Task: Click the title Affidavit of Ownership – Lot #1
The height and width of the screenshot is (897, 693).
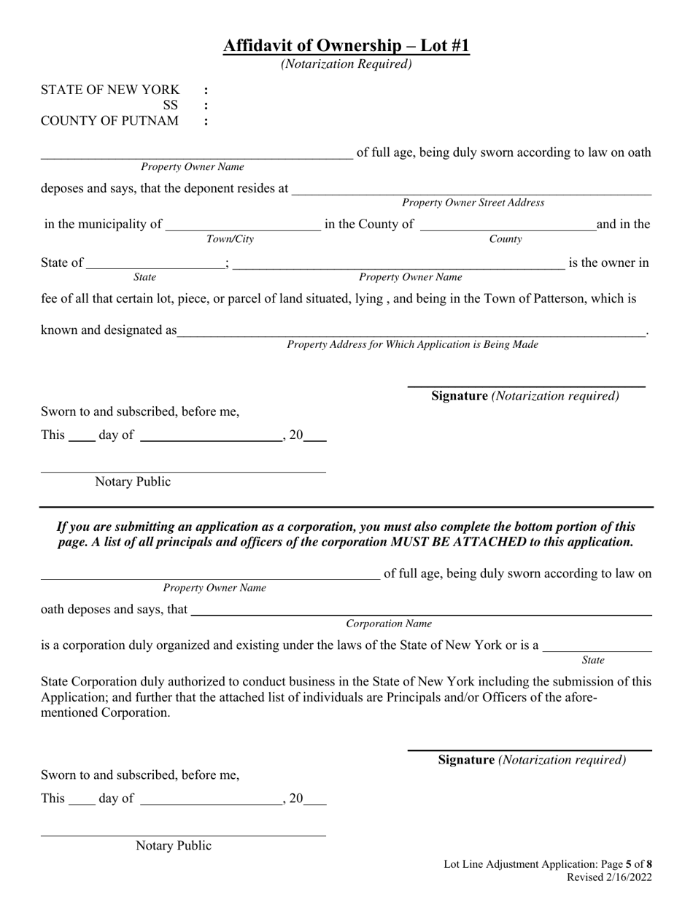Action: click(x=346, y=46)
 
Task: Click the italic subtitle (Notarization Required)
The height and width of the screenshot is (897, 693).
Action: click(x=346, y=64)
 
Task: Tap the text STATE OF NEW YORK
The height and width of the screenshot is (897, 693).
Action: click(x=109, y=90)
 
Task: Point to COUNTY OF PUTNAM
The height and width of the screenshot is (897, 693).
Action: click(x=109, y=121)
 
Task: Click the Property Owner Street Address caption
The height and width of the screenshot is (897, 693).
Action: click(x=473, y=203)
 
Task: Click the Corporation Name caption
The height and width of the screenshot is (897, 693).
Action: click(x=389, y=624)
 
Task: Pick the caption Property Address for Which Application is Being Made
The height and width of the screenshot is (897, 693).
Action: click(x=412, y=344)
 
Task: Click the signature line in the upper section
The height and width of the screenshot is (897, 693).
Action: click(x=526, y=385)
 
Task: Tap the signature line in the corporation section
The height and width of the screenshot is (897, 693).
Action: click(x=530, y=749)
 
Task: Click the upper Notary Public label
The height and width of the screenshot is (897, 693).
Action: click(x=133, y=482)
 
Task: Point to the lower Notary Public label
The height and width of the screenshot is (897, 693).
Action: click(x=174, y=846)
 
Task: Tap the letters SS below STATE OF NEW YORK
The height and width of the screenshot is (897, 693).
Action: click(x=170, y=106)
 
